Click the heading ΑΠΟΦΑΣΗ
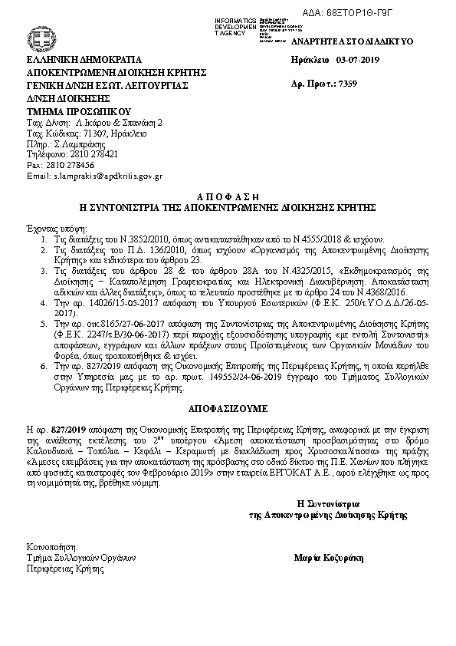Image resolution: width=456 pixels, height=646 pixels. tap(228, 196)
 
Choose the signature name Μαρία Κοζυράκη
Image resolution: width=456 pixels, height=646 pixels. tap(330, 557)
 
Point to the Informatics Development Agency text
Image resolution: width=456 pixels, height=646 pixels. tap(236, 25)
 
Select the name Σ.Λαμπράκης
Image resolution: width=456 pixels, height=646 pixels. tap(80, 143)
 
